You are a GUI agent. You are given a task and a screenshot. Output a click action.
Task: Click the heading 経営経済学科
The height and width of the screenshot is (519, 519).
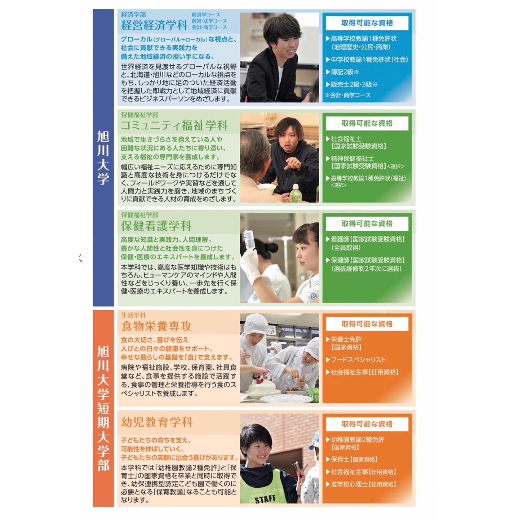[x=154, y=25]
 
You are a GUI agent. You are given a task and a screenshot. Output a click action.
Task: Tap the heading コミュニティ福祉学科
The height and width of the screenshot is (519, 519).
[x=174, y=125]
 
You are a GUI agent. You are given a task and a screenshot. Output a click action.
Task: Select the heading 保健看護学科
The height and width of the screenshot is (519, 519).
[x=156, y=226]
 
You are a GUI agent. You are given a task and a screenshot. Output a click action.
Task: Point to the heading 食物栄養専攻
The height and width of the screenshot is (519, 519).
[x=156, y=326]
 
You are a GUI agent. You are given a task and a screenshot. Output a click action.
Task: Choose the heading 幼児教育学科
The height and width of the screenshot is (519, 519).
[x=157, y=422]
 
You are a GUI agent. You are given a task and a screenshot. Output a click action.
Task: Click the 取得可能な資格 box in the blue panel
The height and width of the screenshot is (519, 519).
[x=367, y=23]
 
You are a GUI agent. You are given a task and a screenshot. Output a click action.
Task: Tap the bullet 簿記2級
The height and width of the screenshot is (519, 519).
[x=342, y=72]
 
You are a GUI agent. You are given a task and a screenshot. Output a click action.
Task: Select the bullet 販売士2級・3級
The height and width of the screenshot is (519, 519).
[x=352, y=84]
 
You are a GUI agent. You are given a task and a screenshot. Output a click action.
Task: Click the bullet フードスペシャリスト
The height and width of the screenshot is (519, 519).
[x=356, y=360]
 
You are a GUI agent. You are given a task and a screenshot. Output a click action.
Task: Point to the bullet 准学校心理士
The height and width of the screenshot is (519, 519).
[x=361, y=484]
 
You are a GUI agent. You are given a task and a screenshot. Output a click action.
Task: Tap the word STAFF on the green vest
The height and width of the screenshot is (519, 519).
[x=265, y=499]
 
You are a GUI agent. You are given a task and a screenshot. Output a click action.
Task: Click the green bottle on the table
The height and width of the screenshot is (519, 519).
[x=296, y=194]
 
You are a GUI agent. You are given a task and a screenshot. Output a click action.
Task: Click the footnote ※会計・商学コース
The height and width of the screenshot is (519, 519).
[x=348, y=95]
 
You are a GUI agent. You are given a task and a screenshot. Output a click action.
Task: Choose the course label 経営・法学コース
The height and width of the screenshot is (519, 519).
[x=209, y=21]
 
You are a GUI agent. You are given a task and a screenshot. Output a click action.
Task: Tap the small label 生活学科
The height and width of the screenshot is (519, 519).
[x=133, y=315]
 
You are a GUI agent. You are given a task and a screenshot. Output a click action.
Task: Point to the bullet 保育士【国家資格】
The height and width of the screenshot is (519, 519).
[x=351, y=459]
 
